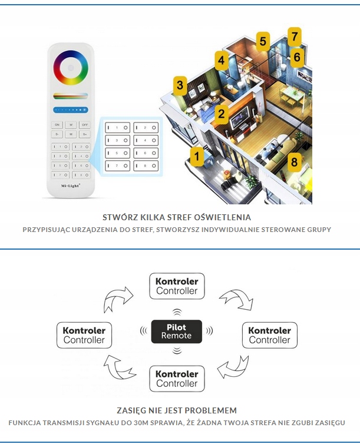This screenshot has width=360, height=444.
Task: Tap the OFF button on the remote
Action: (x=84, y=125)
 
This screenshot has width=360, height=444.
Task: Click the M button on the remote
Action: (x=71, y=135)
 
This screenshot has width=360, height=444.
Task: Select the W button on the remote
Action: (x=71, y=125)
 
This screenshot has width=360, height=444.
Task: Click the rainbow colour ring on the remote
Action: (x=71, y=68)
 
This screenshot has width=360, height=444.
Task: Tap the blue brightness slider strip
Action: (x=71, y=110)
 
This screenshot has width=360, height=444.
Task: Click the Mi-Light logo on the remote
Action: (x=71, y=185)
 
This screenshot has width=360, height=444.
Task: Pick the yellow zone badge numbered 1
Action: (x=197, y=156)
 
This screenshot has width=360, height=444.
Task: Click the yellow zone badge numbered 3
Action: (x=180, y=86)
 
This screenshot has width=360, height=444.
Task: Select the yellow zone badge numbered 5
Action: (x=263, y=42)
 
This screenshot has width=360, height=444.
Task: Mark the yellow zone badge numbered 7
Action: (x=294, y=37)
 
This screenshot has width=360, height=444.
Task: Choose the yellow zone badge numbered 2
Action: (x=221, y=114)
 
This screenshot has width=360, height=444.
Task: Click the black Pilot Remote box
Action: (x=177, y=332)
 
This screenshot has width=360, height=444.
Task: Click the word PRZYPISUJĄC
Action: (x=50, y=230)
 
